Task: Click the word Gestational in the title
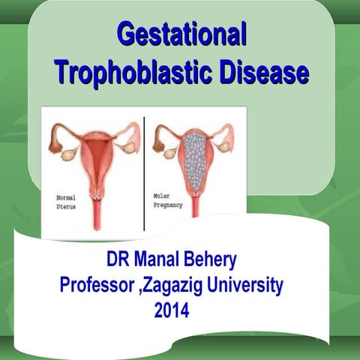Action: click(x=181, y=35)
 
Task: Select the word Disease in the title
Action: click(x=259, y=73)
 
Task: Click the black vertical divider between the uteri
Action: click(x=143, y=172)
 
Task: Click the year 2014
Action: click(x=174, y=308)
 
